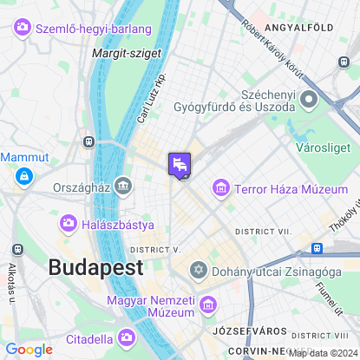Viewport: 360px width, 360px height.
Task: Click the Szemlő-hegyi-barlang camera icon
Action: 23,29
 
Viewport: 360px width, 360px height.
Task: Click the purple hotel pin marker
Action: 180,164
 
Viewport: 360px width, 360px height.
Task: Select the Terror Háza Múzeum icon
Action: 222,188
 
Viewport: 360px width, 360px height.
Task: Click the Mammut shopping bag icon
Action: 23,177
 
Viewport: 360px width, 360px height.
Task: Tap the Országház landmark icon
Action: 124,185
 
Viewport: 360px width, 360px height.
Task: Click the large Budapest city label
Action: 95,267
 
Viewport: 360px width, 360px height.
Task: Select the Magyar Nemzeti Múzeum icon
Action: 207,304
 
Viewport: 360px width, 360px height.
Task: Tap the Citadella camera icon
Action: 127,337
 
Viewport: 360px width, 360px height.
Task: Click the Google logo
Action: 29,349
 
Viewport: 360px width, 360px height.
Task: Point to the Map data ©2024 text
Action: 323,353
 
